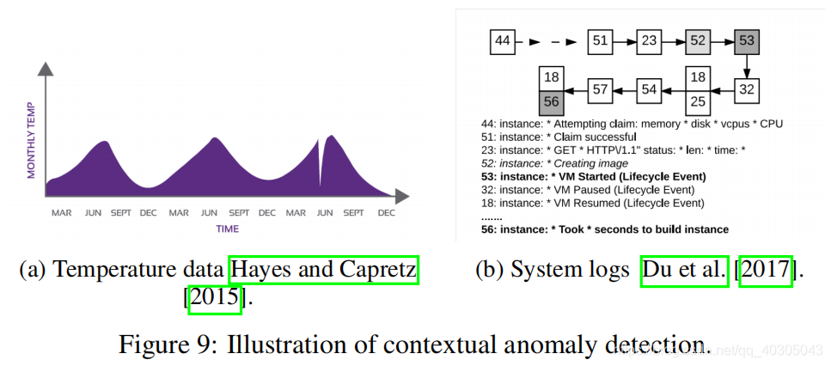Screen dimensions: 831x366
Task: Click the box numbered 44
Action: (x=503, y=40)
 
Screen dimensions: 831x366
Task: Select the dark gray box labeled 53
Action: (x=746, y=40)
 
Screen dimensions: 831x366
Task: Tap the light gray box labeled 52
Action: (x=698, y=40)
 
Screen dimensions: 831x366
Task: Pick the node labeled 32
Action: (x=746, y=88)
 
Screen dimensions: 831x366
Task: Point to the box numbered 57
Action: (x=601, y=88)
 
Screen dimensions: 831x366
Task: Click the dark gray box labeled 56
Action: (x=552, y=101)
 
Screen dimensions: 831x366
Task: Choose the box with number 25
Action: (x=698, y=101)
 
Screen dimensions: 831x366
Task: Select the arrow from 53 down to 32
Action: (x=746, y=65)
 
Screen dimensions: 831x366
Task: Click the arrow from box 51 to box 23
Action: (x=625, y=40)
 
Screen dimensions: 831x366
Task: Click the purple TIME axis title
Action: (x=227, y=229)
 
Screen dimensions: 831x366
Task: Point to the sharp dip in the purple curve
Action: (x=321, y=162)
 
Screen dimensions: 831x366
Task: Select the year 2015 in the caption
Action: (x=215, y=298)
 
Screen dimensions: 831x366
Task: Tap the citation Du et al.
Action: (x=684, y=270)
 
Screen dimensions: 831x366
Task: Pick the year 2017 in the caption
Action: (x=767, y=270)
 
